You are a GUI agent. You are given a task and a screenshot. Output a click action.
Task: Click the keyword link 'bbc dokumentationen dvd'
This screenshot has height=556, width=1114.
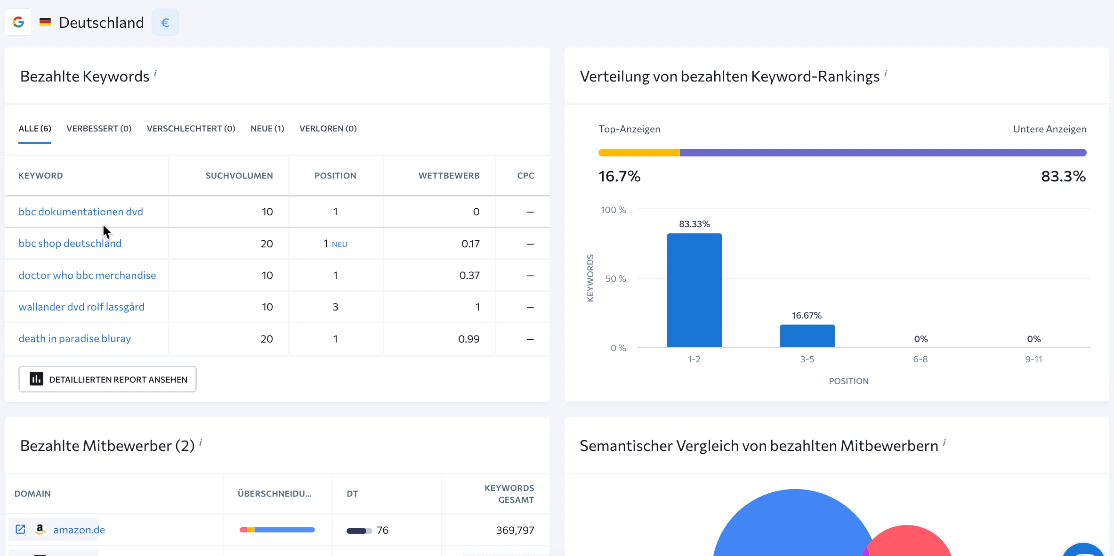point(81,212)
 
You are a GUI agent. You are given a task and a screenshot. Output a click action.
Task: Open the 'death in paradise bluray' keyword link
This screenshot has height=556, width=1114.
point(74,339)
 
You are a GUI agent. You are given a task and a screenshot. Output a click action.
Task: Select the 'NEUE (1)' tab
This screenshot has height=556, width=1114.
point(267,129)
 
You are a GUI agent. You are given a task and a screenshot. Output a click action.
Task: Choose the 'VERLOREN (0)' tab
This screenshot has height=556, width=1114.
point(328,129)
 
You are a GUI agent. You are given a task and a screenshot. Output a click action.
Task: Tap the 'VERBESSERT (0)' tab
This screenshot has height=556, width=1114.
point(99,129)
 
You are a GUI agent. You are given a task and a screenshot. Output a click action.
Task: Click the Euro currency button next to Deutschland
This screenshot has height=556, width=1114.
point(165,23)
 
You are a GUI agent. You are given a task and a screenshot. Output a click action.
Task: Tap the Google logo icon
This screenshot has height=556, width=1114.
point(18,22)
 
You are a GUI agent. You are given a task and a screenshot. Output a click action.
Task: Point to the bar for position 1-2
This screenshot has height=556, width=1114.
point(694,290)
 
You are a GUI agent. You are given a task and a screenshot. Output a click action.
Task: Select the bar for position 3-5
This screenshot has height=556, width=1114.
point(807,336)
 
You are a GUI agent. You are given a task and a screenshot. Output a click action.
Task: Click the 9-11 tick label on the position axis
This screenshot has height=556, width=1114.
point(1033,360)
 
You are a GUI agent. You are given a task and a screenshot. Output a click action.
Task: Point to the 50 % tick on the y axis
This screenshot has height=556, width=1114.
point(615,279)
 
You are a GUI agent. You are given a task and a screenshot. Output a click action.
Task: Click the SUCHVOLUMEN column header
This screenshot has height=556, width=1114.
point(239,176)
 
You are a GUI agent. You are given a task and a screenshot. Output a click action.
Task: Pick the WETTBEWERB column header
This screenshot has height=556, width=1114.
point(449,176)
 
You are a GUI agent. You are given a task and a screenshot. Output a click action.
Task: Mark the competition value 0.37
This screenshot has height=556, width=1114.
point(469,276)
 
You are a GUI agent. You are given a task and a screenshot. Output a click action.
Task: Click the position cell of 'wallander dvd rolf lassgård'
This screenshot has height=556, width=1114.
point(335,307)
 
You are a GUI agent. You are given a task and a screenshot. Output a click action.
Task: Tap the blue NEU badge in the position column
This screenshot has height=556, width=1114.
point(339,245)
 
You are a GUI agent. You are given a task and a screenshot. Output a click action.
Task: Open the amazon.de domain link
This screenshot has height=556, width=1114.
point(79,530)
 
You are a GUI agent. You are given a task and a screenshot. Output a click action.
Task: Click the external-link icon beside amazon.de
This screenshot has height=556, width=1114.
point(21,530)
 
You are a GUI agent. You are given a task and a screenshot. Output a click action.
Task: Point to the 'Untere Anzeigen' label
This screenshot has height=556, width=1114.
point(1049,129)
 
